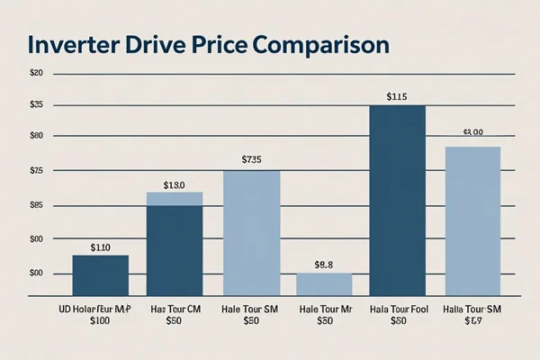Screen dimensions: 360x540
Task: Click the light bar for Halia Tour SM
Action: pyautogui.click(x=472, y=220)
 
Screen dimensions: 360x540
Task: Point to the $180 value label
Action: pyautogui.click(x=174, y=185)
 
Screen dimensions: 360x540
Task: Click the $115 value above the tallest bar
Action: pyautogui.click(x=397, y=96)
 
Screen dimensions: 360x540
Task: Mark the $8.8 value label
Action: pyautogui.click(x=324, y=265)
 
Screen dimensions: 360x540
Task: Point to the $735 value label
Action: pyautogui.click(x=252, y=160)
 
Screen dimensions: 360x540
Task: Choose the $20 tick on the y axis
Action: pyautogui.click(x=36, y=72)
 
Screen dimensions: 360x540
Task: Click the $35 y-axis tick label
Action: pyautogui.click(x=36, y=105)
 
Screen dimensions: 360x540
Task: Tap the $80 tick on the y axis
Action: pyautogui.click(x=36, y=135)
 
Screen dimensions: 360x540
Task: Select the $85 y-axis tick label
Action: pyautogui.click(x=36, y=205)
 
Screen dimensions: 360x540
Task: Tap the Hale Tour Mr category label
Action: pyautogui.click(x=324, y=308)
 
